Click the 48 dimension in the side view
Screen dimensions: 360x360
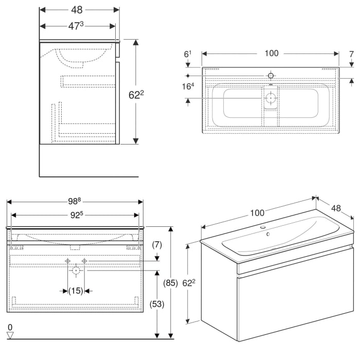point(77,10)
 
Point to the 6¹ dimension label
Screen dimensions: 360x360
point(188,53)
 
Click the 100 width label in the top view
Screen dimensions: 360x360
point(271,53)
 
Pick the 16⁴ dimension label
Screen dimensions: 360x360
point(188,86)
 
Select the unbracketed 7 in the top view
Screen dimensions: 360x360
point(351,53)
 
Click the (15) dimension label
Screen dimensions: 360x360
point(76,291)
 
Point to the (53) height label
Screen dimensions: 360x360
point(157,304)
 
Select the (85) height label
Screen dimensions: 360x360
point(171,282)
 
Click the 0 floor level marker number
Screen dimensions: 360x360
point(10,327)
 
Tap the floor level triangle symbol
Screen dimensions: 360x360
point(10,335)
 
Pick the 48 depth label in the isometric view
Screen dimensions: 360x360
point(336,208)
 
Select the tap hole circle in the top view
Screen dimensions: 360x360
point(271,76)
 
